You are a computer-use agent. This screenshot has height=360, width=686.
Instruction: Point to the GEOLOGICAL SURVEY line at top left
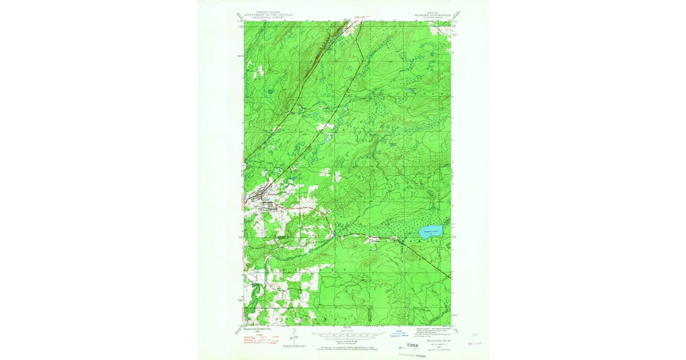point(264,17)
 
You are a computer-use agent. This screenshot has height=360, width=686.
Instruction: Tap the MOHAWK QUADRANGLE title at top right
point(428,15)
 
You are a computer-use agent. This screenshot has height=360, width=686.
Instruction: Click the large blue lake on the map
point(429,232)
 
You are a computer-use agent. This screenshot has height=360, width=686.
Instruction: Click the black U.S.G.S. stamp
point(412,346)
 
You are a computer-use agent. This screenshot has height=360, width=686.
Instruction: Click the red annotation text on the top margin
point(366,17)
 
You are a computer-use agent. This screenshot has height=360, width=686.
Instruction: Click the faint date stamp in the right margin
point(474,344)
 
